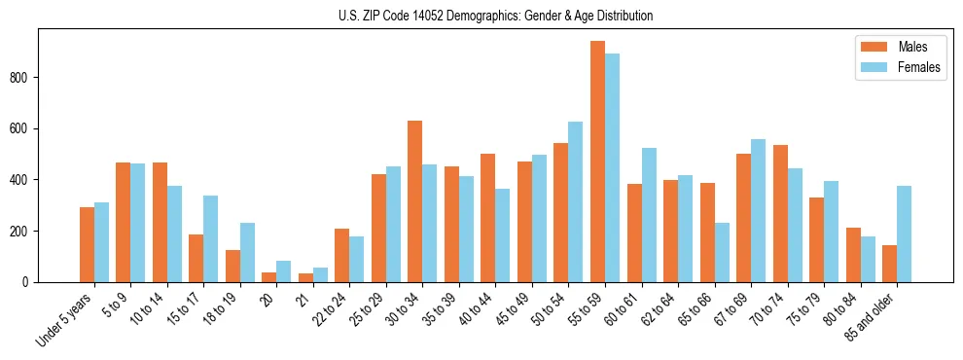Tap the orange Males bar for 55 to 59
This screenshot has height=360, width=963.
[x=597, y=162]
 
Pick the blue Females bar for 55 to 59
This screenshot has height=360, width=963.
[x=612, y=167]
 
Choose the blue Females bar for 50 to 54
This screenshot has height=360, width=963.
[x=576, y=201]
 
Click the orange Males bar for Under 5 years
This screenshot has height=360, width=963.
[x=87, y=244]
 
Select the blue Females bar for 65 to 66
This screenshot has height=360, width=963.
[x=722, y=252]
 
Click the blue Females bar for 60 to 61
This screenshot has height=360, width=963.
[x=649, y=215]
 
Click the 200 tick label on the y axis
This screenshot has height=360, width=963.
[x=25, y=232]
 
